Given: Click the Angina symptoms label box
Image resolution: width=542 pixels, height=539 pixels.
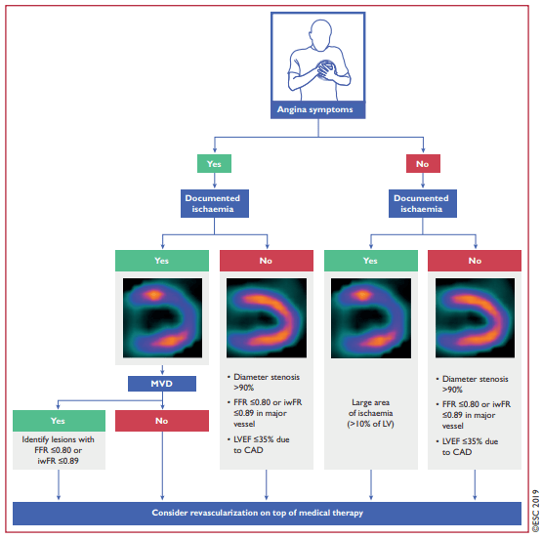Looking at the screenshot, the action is coord(317,110).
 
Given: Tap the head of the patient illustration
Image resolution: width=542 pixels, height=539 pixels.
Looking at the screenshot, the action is coord(321,35).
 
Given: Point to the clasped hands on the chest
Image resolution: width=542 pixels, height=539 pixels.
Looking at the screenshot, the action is coord(326,69).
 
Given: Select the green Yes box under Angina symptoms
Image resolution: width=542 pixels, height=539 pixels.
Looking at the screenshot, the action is coord(214,163).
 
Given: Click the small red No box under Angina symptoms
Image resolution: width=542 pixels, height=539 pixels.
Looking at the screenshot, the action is coord(423,163).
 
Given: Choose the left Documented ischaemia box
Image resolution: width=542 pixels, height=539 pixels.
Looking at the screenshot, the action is coord(214,203).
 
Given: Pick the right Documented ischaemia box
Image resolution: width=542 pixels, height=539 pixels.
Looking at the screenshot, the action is coord(423,203).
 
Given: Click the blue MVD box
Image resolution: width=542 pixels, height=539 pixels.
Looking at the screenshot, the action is coord(162,384).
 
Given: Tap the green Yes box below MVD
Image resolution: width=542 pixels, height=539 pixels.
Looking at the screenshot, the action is coord(59,421).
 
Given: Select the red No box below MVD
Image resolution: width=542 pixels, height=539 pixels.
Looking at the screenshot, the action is coord(162,421).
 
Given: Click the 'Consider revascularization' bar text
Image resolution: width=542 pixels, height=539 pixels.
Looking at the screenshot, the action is coord(258,513).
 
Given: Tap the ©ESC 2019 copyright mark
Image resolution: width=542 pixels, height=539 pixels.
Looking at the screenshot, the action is coord(535,511).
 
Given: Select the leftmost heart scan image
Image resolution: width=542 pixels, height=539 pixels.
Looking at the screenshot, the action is coord(162,318).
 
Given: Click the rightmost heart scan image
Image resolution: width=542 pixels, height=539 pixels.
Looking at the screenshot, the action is coord(475,318).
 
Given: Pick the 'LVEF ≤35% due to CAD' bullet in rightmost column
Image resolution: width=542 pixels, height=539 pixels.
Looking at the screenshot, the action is coord(468,447).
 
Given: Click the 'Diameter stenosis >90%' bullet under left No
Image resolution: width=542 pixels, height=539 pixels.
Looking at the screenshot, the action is coord(264,382).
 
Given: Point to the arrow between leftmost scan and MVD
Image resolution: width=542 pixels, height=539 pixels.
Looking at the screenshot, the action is coord(162,370).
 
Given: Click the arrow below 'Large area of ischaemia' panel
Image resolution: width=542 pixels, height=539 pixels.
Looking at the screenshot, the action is coord(371,484).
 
